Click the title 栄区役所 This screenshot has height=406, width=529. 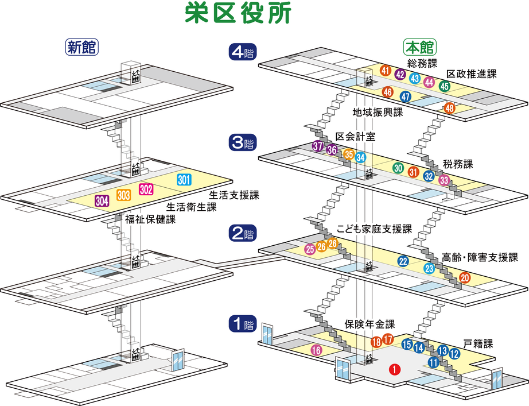coord(239,13)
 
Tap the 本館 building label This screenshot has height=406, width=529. coord(420,47)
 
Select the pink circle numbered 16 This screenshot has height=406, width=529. coord(316,350)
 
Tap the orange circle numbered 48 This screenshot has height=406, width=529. coord(450,108)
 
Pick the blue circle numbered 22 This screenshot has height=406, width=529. coord(403,261)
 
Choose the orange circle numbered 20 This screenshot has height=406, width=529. coord(465,278)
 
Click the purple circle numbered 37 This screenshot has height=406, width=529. coord(318,146)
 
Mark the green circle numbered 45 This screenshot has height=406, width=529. coord(444,87)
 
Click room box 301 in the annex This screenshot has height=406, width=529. coord(184,180)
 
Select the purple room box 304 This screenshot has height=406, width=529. coord(102,201)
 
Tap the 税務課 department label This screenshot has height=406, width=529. coord(458,164)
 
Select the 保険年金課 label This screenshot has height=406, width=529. coord(370,323)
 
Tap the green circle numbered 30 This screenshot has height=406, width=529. coord(398,168)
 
